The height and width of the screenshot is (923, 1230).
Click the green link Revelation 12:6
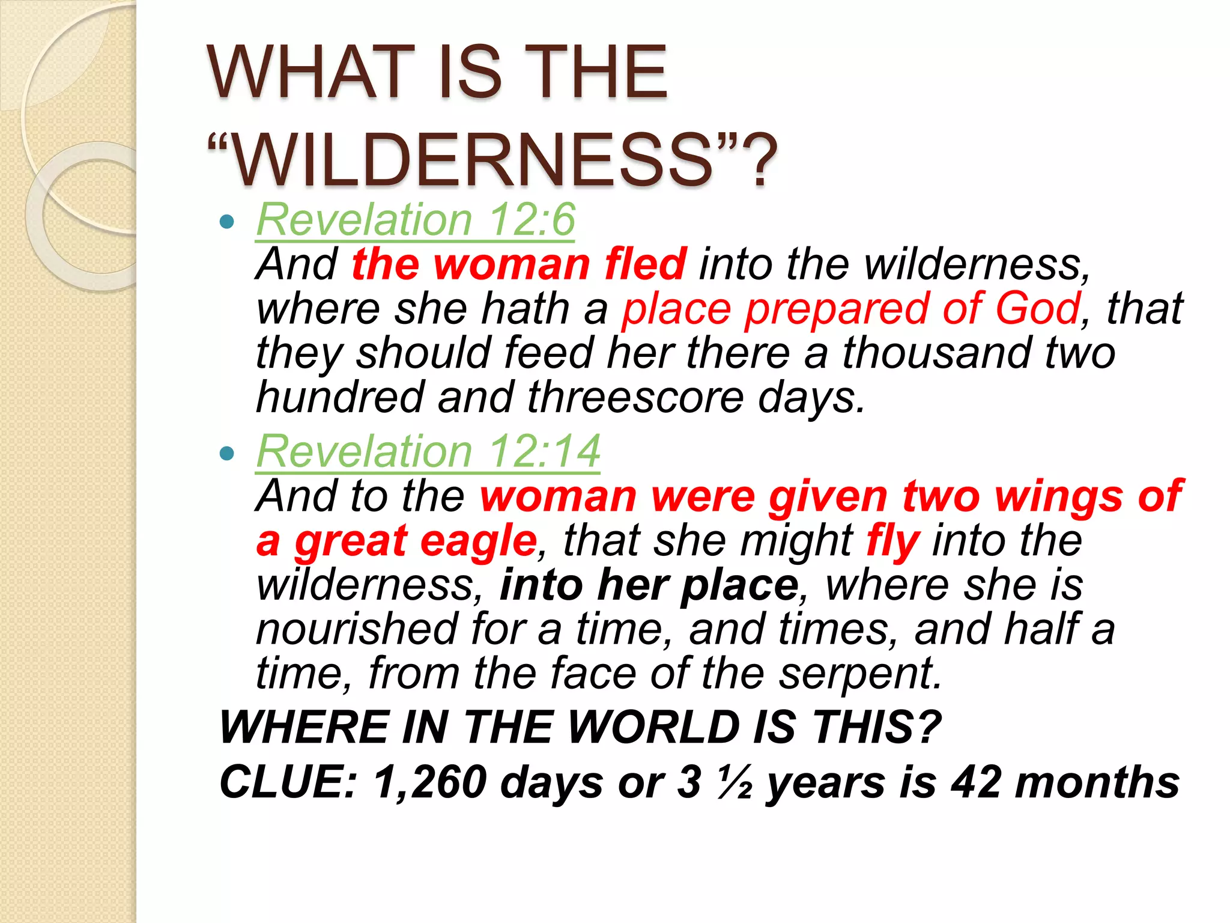[416, 220]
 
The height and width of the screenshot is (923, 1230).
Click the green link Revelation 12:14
[428, 451]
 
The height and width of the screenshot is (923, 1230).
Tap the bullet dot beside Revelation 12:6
[227, 222]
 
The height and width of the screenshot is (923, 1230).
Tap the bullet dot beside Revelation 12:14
[227, 454]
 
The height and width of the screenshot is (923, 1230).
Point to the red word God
[1037, 309]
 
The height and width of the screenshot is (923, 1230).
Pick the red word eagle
[478, 541]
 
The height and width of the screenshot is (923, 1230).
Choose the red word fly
[893, 541]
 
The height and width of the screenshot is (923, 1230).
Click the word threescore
[635, 398]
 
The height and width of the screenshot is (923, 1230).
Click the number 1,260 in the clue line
[430, 782]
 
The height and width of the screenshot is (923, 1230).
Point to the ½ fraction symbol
[735, 782]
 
